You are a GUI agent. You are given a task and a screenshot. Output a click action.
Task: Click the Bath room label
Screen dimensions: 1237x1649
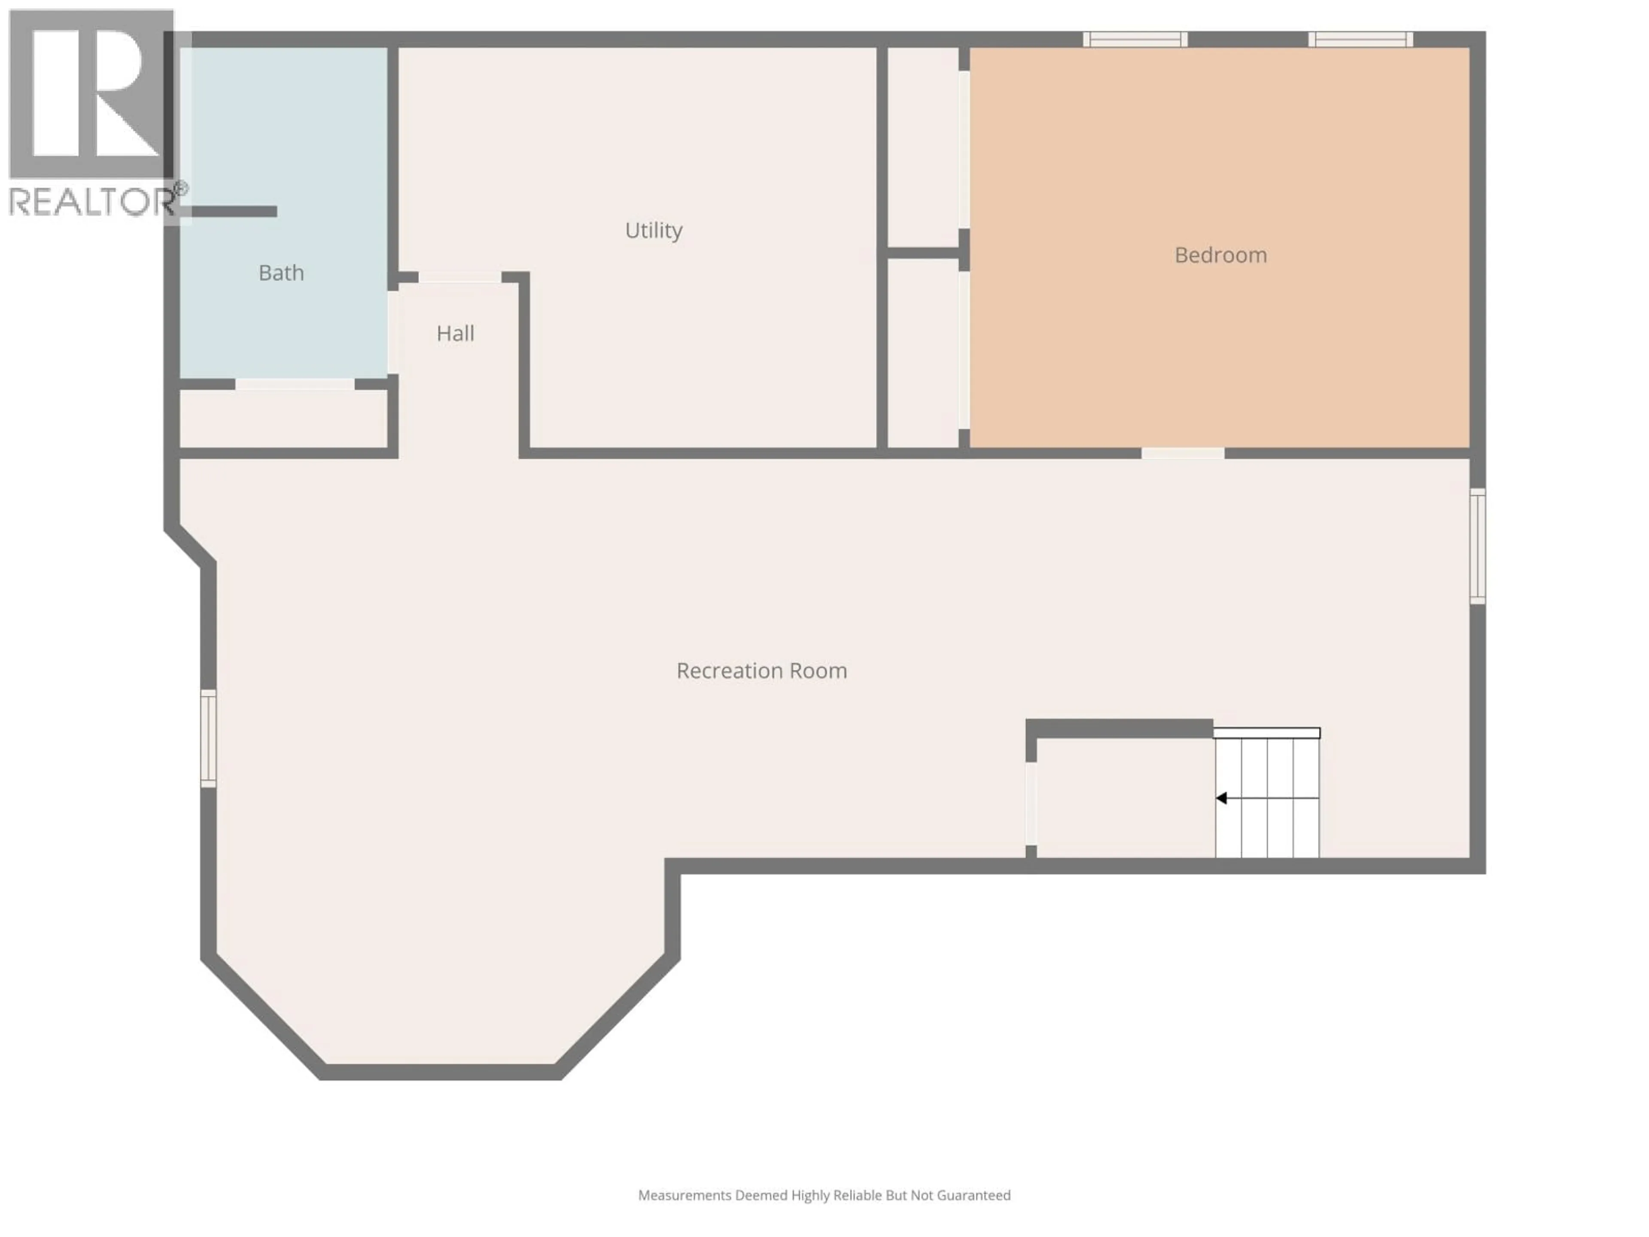click(281, 273)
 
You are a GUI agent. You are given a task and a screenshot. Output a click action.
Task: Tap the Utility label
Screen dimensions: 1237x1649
click(653, 230)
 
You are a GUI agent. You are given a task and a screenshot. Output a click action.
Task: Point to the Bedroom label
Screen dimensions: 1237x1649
click(1220, 255)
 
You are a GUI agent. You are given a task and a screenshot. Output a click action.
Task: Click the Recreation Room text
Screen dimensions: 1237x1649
click(761, 671)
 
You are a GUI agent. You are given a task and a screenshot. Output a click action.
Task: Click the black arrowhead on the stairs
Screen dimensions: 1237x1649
click(1221, 798)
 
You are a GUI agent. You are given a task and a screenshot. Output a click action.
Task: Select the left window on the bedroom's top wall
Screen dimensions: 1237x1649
click(1135, 40)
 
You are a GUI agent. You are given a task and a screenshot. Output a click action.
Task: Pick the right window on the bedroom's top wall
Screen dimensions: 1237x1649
click(1360, 40)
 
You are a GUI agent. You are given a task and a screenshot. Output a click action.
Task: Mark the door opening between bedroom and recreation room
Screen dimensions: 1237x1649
click(1182, 453)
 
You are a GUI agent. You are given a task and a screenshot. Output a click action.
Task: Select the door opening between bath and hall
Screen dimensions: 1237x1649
click(392, 332)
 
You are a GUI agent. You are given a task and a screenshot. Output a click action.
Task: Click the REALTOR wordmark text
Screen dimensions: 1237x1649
click(91, 201)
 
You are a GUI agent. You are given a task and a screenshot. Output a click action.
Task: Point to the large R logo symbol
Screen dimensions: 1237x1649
click(91, 93)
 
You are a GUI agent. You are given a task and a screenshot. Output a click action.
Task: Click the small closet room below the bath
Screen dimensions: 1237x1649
click(283, 419)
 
